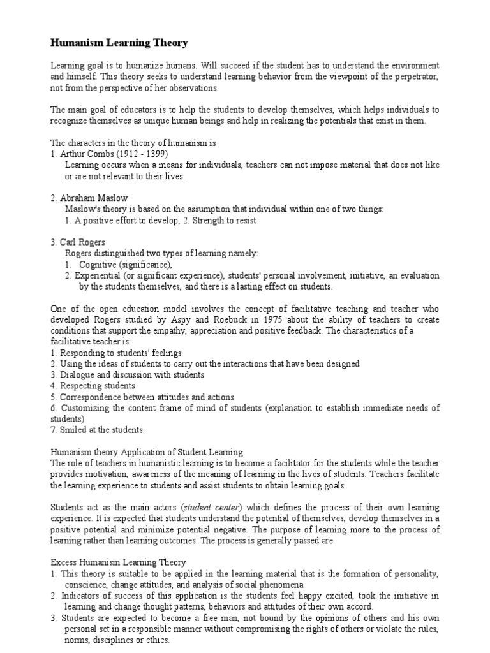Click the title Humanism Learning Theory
(119, 43)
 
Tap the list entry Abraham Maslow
(93, 198)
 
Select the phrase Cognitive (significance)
(126, 264)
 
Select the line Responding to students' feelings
(121, 353)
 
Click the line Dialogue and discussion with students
(131, 375)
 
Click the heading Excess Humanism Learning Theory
(118, 562)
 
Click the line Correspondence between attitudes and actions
(147, 397)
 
